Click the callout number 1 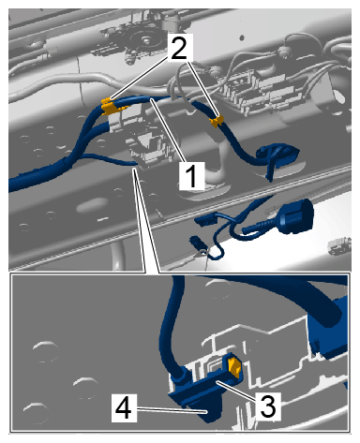191,175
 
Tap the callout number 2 179,48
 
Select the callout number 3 267,406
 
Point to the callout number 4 124,406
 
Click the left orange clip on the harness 108,106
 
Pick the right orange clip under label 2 217,121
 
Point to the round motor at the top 143,39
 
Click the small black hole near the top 242,37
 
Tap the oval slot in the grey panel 91,207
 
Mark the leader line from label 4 172,409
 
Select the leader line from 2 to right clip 202,89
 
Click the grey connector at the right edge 340,244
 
